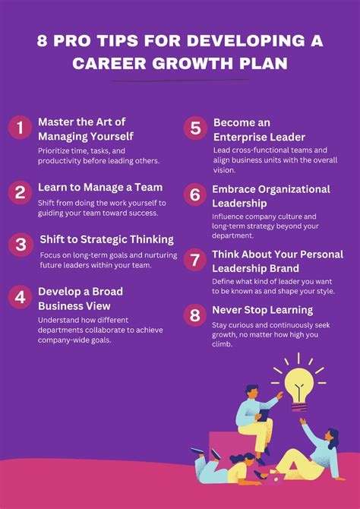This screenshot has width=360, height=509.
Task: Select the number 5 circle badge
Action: coord(195,128)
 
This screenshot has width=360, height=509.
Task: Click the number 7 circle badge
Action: coord(195,260)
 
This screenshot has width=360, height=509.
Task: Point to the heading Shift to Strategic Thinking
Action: coord(106,240)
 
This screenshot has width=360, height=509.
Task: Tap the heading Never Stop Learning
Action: coord(262,310)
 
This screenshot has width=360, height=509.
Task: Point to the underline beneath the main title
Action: coord(179,81)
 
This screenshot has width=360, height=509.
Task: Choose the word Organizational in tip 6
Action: coord(292,189)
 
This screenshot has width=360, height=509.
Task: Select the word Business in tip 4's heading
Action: coord(65,305)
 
